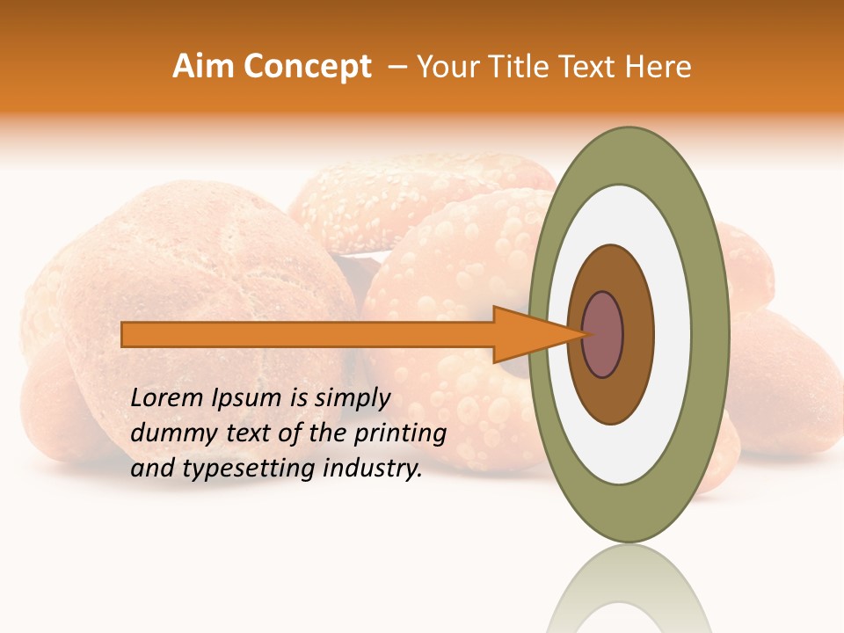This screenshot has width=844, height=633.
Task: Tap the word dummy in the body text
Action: (x=169, y=433)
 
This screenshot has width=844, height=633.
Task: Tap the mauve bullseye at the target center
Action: (x=602, y=334)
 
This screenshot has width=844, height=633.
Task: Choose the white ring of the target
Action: (x=673, y=334)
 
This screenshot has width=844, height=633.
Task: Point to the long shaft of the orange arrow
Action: (x=308, y=334)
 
